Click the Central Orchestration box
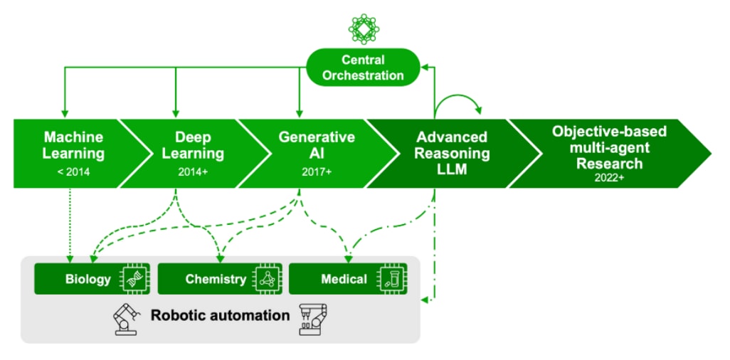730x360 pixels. pos(363,68)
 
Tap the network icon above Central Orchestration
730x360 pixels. pos(364,28)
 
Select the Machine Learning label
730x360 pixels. pos(73,145)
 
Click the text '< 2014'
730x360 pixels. pos(73,171)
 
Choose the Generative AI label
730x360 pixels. pos(317,145)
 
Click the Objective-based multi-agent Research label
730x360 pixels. pos(610,147)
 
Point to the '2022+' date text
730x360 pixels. pos(610,178)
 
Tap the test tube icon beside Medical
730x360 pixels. pos(392,279)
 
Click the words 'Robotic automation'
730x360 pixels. pos(220,315)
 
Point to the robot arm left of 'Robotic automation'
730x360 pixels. pos(125,317)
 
